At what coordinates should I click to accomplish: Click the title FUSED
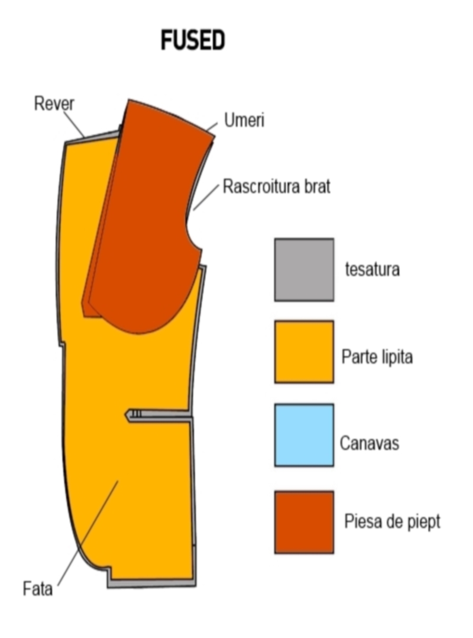[x=193, y=40]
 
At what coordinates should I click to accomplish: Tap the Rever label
[x=54, y=104]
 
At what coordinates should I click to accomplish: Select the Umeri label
[x=244, y=120]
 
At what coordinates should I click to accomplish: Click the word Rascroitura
[x=261, y=186]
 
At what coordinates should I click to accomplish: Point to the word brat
[x=317, y=186]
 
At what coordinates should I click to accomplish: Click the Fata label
[x=37, y=589]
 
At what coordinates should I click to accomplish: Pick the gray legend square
[x=304, y=270]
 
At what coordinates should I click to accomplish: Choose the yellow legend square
[x=304, y=352]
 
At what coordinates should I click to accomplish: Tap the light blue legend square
[x=304, y=435]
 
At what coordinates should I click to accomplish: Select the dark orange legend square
[x=304, y=522]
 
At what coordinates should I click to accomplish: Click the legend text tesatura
[x=372, y=269]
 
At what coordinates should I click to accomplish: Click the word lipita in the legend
[x=397, y=357]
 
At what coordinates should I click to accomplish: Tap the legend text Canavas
[x=370, y=443]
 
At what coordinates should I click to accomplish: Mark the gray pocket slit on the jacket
[x=158, y=415]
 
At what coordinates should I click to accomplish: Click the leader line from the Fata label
[x=88, y=533]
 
